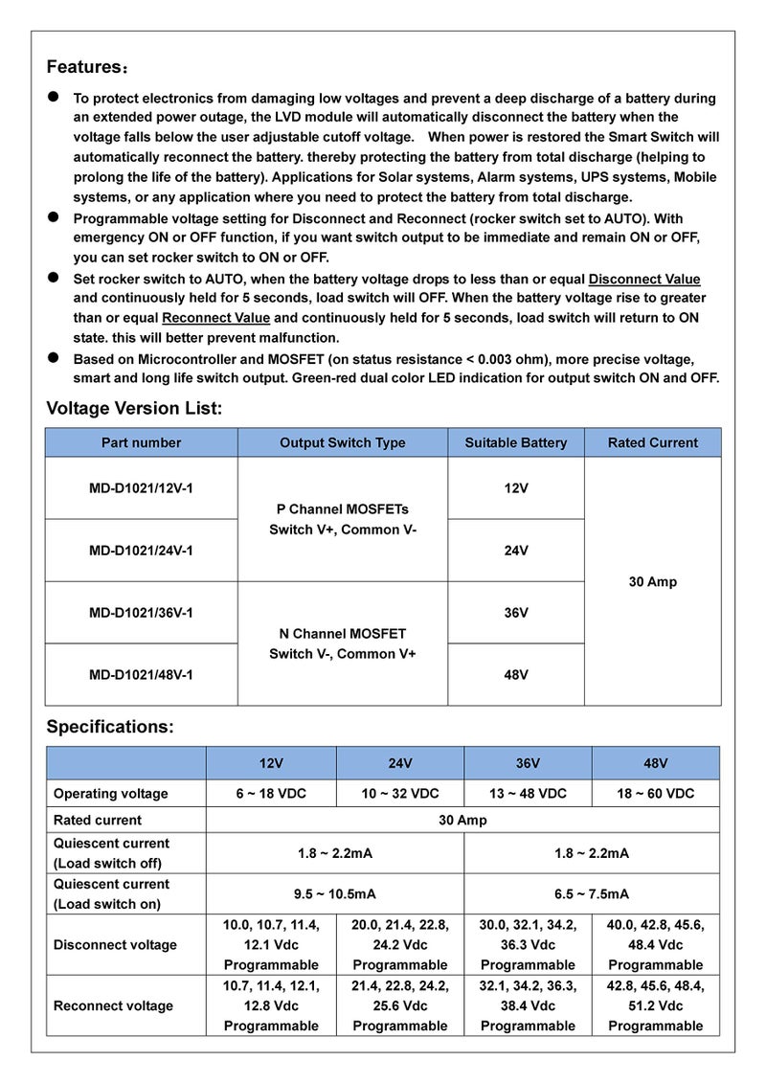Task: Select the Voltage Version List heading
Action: point(134,409)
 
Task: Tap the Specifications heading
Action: point(110,727)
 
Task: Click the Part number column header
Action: point(141,442)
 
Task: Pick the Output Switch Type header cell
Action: point(342,442)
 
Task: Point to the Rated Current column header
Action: point(652,442)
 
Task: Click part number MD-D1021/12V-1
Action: point(141,487)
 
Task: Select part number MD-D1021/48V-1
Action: point(141,674)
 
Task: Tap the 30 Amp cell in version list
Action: point(652,581)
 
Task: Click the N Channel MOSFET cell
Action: point(342,643)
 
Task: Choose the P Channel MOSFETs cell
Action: point(342,519)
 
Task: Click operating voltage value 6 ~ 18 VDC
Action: point(271,794)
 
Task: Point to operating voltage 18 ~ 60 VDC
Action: point(656,794)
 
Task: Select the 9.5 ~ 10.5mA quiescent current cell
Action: point(334,893)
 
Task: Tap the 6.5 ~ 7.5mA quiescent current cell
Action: point(591,893)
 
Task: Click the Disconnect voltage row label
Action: point(115,945)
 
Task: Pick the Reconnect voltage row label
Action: point(113,1005)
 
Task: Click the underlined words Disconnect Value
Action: point(643,279)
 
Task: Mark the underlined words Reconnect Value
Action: point(215,318)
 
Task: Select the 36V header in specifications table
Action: point(528,763)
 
